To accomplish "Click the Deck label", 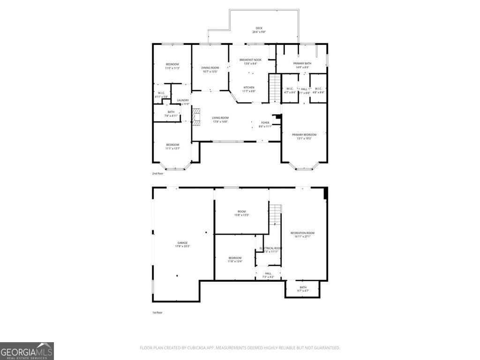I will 259,30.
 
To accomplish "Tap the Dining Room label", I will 210,69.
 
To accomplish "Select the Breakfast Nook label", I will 250,61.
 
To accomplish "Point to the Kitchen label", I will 249,89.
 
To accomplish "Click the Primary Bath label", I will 302,65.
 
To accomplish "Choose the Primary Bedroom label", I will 304,136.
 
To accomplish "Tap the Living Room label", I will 220,120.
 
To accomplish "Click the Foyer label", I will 265,124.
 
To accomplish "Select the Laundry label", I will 183,102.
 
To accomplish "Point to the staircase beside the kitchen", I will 274,89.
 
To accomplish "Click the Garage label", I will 182,244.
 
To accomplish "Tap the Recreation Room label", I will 302,234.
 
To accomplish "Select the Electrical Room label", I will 270,249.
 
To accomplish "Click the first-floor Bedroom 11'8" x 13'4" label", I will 235,259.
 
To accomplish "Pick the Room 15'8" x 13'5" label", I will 241,213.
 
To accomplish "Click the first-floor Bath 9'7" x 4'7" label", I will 303,289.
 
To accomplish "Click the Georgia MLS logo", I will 27,351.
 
